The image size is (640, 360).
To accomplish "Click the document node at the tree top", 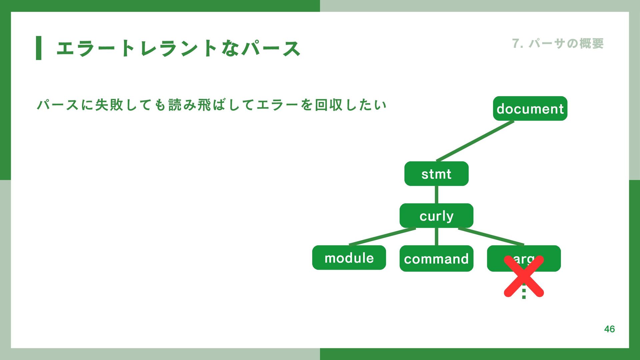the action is tap(530, 109).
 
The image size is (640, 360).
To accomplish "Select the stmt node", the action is tap(436, 174).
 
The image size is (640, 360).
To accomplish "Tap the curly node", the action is tap(436, 216).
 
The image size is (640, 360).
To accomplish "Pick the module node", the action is tap(349, 258).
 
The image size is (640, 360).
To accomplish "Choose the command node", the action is tap(436, 258).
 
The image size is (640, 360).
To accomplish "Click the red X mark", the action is tap(524, 276).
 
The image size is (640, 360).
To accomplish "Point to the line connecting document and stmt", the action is tap(475, 141).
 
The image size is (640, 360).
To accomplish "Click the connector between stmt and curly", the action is tap(436, 195).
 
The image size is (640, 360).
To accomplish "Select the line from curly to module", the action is tap(382, 237).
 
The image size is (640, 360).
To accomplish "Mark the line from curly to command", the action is tap(436, 237).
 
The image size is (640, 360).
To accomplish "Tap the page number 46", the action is tap(609, 329).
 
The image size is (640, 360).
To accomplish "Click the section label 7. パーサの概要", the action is tap(558, 44).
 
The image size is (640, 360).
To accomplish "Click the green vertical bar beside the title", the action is tap(39, 48).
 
